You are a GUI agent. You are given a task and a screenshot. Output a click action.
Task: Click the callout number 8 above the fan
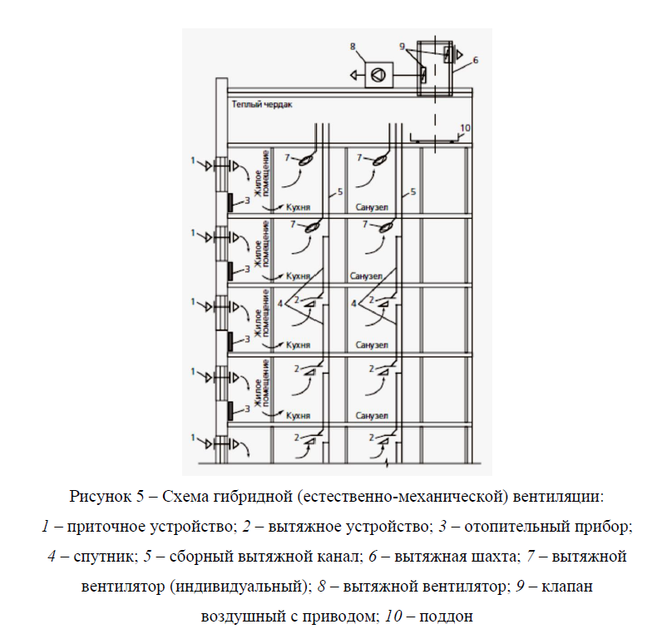353,47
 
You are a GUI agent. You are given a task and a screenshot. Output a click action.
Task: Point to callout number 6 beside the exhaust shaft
475,60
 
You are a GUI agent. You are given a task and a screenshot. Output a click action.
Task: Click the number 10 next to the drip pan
466,127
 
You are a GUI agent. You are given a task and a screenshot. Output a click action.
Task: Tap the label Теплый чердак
262,105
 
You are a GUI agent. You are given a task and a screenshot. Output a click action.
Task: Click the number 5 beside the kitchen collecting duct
339,192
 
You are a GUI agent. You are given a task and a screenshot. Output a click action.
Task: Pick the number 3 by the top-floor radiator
247,201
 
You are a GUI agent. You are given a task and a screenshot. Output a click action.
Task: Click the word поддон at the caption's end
450,617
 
